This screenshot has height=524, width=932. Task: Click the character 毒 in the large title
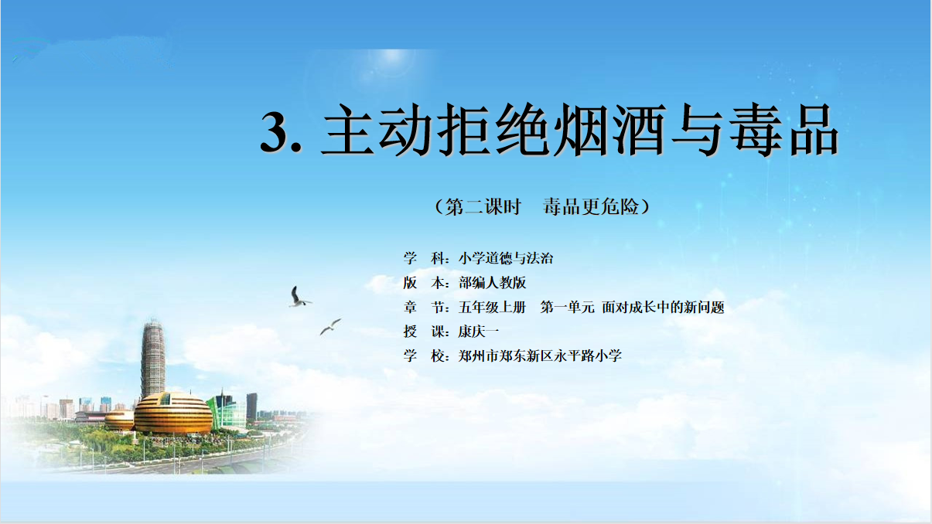(754, 130)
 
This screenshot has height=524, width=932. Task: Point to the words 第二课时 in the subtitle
(483, 206)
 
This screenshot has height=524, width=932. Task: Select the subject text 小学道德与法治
(506, 258)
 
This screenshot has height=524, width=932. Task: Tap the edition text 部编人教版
(492, 283)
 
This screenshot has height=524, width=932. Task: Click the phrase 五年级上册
(492, 308)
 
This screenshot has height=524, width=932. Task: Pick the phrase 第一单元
(568, 308)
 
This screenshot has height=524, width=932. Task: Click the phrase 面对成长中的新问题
(663, 308)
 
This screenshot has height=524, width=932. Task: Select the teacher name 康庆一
(479, 332)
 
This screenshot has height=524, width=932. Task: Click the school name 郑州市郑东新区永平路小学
(540, 356)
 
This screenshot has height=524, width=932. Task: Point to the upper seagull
(298, 297)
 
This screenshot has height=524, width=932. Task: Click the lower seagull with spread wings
(330, 327)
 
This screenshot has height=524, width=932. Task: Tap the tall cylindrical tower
(153, 359)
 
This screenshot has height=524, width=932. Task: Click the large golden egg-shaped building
(172, 413)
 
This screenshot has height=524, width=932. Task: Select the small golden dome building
(119, 420)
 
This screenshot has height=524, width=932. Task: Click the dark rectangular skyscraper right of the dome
(251, 407)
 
